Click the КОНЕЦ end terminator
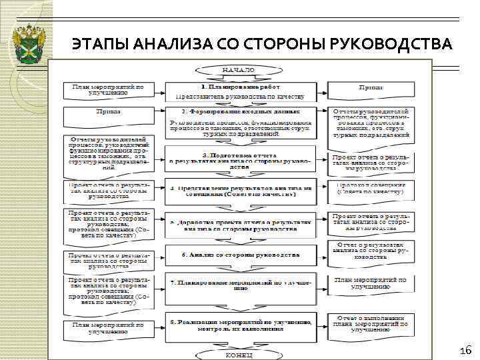coord(238,354)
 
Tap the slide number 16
coord(465,351)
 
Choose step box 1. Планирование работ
coord(239,91)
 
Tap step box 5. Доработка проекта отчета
coord(239,225)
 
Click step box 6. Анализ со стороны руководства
coord(239,255)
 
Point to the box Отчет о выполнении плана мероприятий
coord(370,324)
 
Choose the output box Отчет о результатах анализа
coord(370,251)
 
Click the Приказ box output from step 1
coord(370,87)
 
